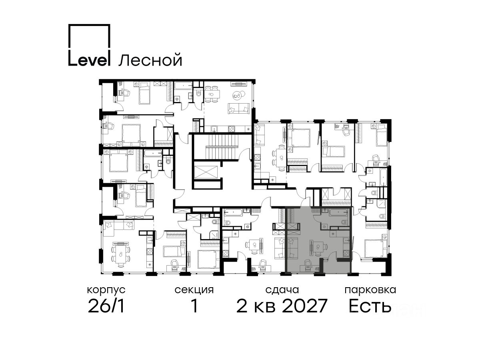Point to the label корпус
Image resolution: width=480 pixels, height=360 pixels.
(106, 290)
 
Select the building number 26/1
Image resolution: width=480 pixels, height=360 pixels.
(106, 306)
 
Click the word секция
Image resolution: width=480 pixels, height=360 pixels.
(194, 290)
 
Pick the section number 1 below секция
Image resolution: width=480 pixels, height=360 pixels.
(194, 306)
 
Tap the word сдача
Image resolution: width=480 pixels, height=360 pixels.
(282, 290)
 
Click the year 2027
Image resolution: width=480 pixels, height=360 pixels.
(305, 306)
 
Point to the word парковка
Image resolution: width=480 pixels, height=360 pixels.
(370, 290)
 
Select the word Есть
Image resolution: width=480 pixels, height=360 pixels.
(370, 306)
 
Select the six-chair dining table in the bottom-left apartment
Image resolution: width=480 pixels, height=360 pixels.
(120, 254)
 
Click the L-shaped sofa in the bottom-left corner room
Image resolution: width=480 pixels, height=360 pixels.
(119, 229)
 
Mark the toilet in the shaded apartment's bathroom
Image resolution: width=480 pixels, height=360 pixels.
(345, 222)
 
